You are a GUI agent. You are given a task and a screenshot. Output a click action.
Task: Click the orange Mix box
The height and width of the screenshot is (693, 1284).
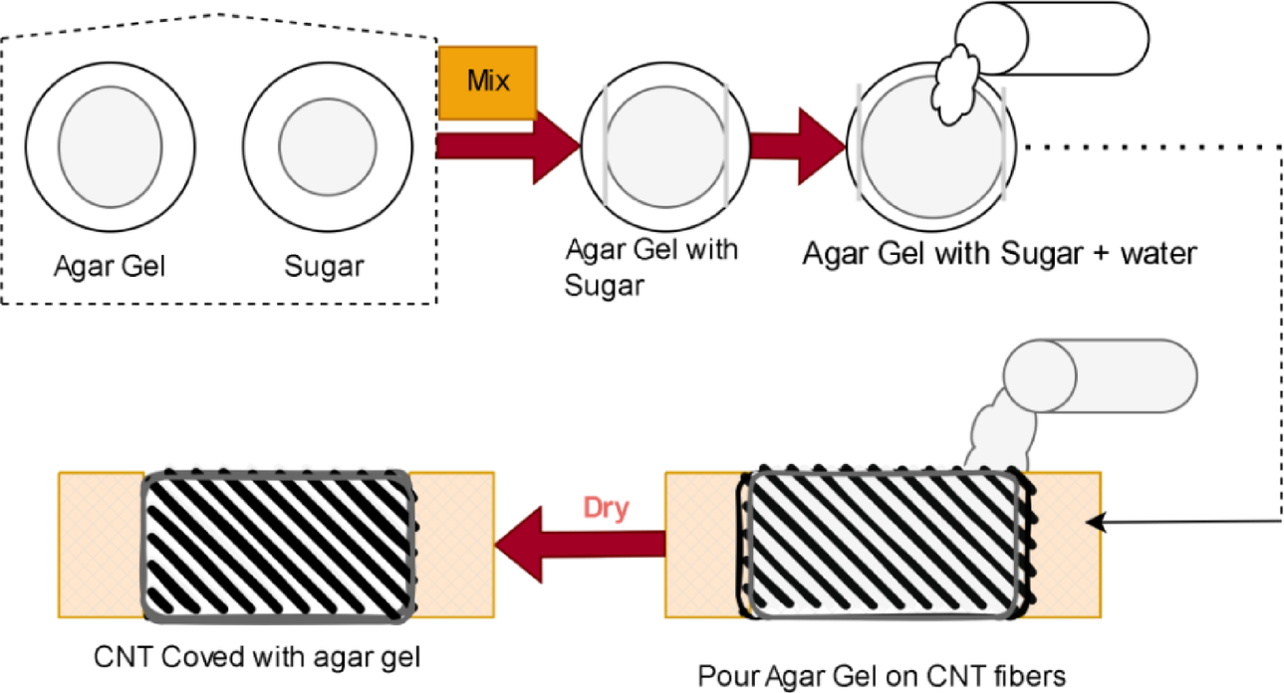pyautogui.click(x=488, y=79)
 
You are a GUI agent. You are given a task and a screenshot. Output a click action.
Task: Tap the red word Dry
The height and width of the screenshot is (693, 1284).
pyautogui.click(x=606, y=508)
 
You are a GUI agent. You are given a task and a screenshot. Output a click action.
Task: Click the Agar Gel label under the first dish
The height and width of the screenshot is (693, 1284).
pyautogui.click(x=109, y=267)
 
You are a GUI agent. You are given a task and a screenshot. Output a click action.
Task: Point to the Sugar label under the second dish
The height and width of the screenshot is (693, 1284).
pyautogui.click(x=326, y=267)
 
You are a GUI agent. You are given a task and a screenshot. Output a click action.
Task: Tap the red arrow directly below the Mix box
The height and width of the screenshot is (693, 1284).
pyautogui.click(x=508, y=145)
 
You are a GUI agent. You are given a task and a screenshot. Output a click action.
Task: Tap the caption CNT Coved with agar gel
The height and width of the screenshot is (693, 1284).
pyautogui.click(x=260, y=657)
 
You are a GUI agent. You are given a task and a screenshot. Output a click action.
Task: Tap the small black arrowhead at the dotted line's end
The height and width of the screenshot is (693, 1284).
pyautogui.click(x=1097, y=521)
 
